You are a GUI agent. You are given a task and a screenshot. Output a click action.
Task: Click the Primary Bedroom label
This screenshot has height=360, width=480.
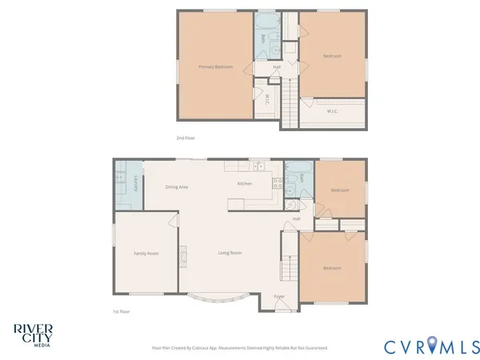216,66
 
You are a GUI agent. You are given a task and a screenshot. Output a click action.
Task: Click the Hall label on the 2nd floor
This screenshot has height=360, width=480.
277,67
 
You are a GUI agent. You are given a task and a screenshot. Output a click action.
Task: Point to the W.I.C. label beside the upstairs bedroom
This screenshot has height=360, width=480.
332,111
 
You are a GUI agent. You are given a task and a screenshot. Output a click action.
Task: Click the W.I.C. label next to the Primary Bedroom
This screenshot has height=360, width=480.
267,98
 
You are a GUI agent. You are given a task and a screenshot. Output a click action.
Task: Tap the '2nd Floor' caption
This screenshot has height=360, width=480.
186,138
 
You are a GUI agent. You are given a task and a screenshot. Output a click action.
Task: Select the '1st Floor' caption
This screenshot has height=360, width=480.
122,311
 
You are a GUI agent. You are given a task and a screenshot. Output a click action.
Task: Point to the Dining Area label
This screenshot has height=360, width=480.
177,186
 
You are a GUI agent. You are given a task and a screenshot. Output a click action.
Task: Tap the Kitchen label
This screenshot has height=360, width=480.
245,184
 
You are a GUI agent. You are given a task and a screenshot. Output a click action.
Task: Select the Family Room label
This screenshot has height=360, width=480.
146,253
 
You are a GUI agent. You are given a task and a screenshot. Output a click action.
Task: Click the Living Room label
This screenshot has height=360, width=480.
230,253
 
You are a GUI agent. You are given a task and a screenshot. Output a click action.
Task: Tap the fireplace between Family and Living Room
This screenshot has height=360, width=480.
183,256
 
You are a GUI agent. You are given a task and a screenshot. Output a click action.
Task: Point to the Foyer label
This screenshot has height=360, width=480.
279,297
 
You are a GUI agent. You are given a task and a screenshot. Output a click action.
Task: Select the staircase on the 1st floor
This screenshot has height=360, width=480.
288,268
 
